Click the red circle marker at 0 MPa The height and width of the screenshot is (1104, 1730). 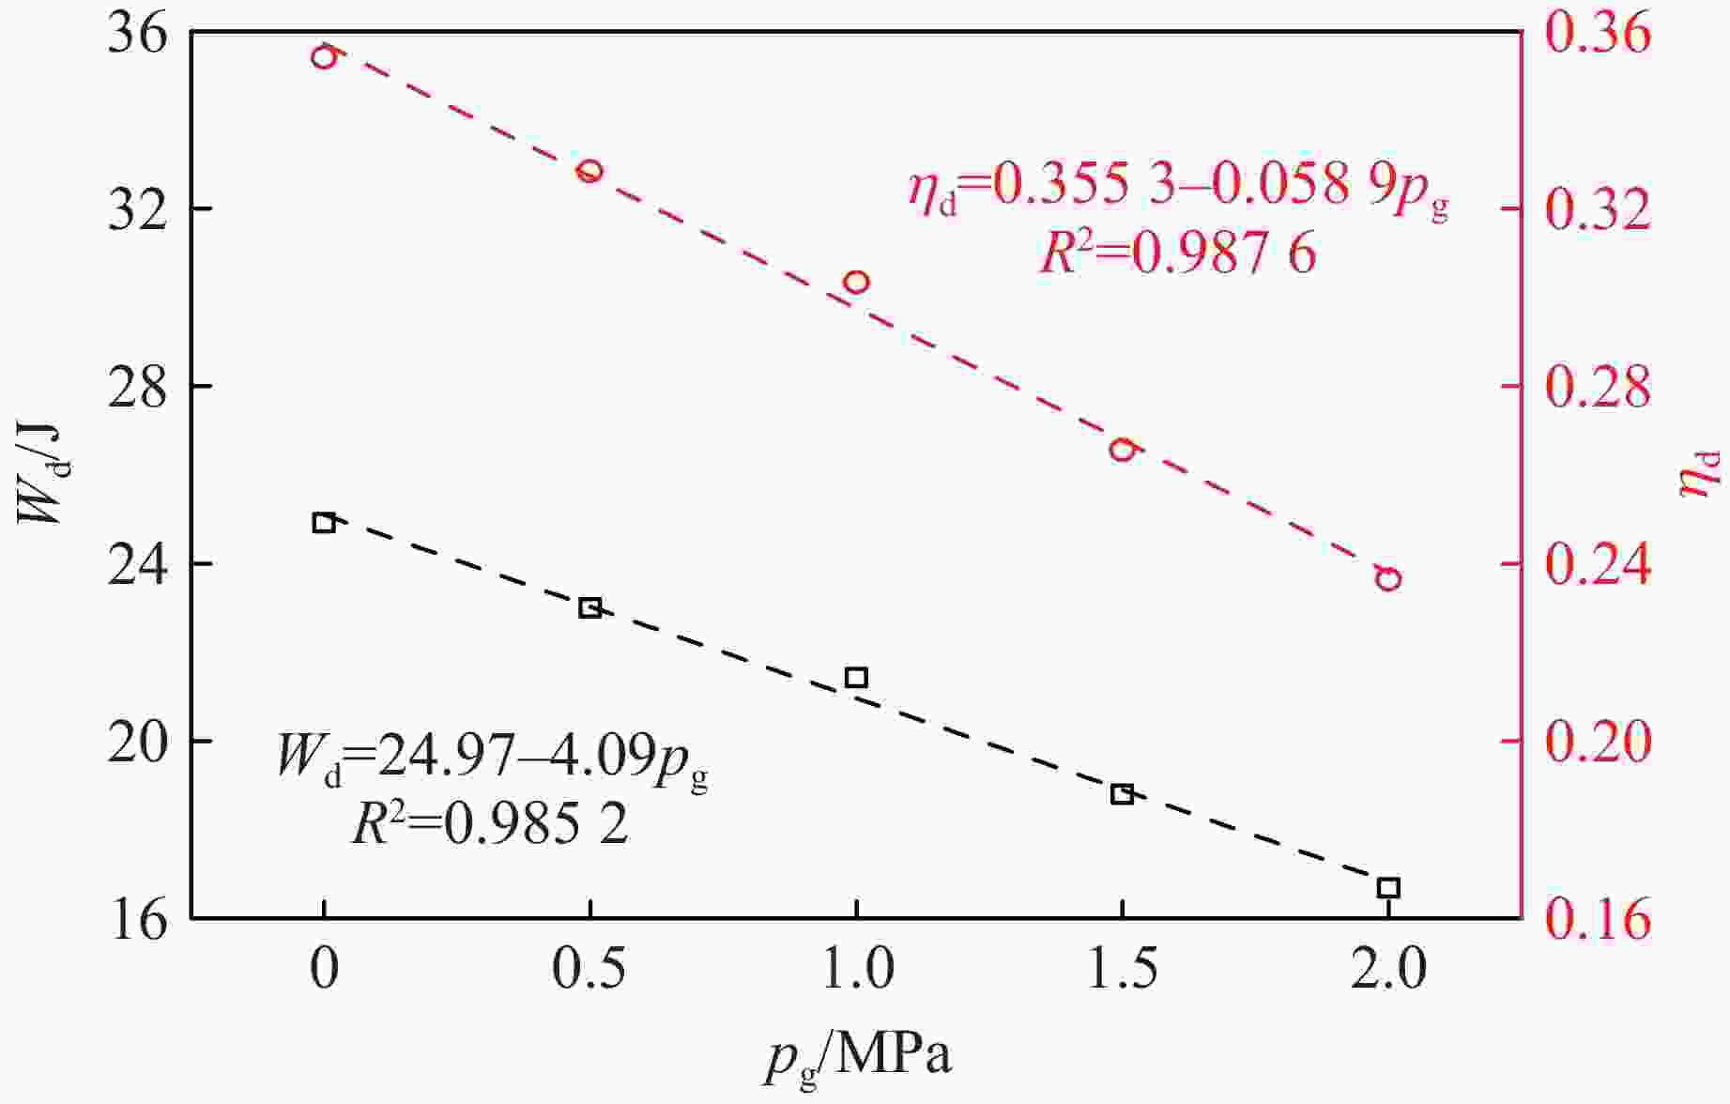point(324,57)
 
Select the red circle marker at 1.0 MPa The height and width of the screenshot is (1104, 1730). point(856,282)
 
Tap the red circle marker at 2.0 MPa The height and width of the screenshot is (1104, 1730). point(1388,578)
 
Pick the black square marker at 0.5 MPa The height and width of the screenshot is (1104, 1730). point(589,607)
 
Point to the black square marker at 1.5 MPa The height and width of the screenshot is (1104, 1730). point(1122,794)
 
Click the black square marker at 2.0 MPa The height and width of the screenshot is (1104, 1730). point(1388,887)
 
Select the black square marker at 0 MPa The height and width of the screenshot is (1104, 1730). point(324,522)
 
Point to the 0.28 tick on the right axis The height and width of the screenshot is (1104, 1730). point(1597,386)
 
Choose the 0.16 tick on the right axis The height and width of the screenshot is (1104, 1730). point(1597,918)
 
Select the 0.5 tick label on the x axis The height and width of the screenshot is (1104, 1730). point(589,971)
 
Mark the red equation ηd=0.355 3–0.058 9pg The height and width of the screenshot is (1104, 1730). point(1177,185)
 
